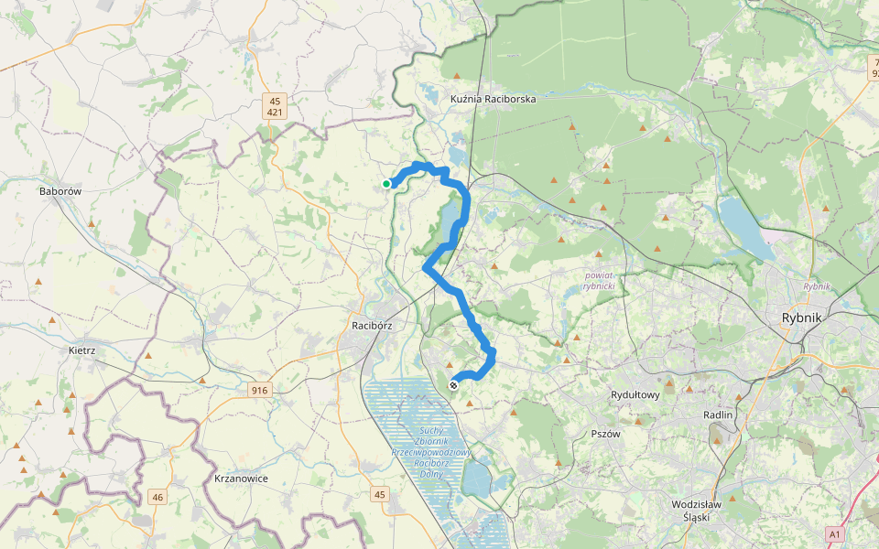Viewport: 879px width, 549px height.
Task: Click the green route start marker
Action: pyautogui.click(x=386, y=184)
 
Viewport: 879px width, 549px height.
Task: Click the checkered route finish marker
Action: pyautogui.click(x=453, y=385)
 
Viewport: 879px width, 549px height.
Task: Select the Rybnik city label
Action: pyautogui.click(x=802, y=318)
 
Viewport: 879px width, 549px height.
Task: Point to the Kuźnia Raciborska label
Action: pyautogui.click(x=493, y=98)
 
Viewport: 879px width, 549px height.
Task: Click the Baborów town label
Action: pyautogui.click(x=61, y=192)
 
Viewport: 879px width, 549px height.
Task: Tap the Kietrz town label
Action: pyautogui.click(x=82, y=350)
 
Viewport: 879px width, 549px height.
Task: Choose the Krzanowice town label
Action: pyautogui.click(x=240, y=479)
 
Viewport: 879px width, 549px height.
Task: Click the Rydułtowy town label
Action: pyautogui.click(x=635, y=394)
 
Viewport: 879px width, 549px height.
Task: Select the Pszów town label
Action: pyautogui.click(x=606, y=434)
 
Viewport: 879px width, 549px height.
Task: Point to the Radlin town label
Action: pyautogui.click(x=719, y=414)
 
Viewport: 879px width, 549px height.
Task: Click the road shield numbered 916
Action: pyautogui.click(x=260, y=391)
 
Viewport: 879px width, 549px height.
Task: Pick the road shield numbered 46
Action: pyautogui.click(x=158, y=497)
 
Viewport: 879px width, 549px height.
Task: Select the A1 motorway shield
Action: pyautogui.click(x=833, y=533)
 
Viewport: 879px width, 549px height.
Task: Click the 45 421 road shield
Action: pyautogui.click(x=275, y=106)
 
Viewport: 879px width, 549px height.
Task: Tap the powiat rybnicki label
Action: pyautogui.click(x=600, y=280)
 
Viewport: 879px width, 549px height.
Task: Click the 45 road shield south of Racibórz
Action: pyautogui.click(x=380, y=494)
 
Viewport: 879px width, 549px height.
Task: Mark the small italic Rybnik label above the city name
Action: pyautogui.click(x=816, y=286)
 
